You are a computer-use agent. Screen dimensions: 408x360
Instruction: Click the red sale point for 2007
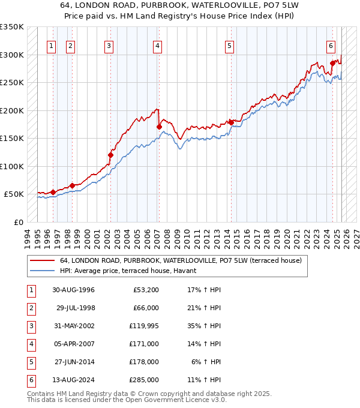[158, 127]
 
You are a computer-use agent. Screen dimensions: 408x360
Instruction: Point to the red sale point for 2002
[110, 155]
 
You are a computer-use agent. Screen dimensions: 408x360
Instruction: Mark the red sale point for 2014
[230, 122]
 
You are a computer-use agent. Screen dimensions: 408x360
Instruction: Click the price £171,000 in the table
[144, 344]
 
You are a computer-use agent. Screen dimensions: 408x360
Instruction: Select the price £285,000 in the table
[144, 380]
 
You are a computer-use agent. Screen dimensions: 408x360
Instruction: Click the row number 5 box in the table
[30, 362]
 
